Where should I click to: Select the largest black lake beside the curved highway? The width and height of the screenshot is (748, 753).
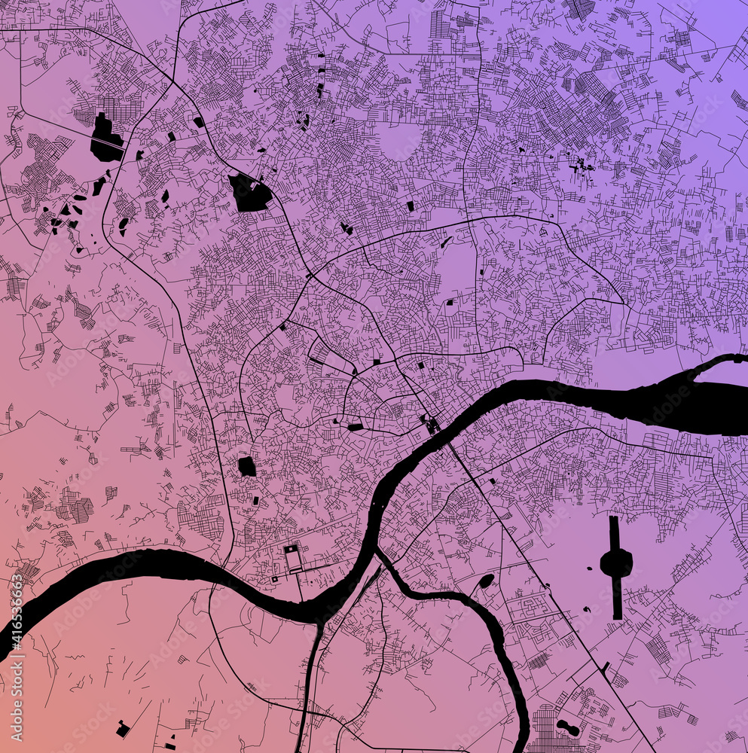point(249,193)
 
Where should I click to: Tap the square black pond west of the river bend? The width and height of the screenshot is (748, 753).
point(246,466)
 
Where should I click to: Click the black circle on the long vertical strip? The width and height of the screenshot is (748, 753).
point(615,562)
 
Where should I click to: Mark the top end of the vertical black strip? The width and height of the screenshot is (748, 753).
point(614,520)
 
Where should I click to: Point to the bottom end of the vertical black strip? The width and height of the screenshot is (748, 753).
point(617,616)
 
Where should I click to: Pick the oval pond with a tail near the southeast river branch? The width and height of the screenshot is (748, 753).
point(486,581)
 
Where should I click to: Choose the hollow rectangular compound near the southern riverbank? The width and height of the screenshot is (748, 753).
point(292,559)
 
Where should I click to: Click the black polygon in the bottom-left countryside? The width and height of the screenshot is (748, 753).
point(122,729)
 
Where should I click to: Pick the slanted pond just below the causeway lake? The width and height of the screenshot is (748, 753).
point(99,186)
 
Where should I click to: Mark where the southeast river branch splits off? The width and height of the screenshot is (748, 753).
point(379,553)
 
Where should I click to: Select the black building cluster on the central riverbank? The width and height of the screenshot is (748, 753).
point(431,425)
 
